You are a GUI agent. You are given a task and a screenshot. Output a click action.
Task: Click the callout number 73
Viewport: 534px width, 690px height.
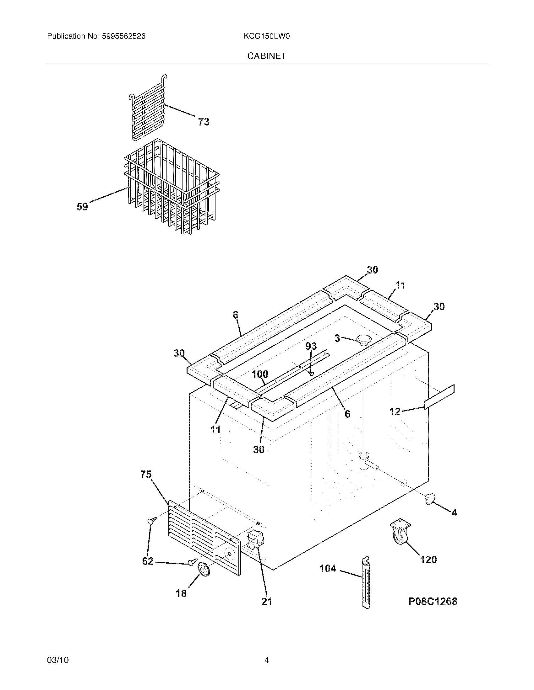click(204, 122)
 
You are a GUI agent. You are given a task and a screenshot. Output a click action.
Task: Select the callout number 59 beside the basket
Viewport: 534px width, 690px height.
click(82, 207)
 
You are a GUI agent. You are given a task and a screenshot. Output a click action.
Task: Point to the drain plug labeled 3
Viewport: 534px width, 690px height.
click(363, 340)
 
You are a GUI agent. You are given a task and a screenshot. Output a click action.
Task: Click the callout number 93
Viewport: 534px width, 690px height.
click(311, 346)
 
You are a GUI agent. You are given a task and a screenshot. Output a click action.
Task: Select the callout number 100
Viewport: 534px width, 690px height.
click(260, 374)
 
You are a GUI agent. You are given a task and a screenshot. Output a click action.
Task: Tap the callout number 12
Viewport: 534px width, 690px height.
click(395, 412)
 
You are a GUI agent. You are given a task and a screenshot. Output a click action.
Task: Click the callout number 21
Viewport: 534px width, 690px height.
click(266, 602)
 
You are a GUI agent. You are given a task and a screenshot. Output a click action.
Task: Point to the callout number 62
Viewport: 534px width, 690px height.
click(148, 561)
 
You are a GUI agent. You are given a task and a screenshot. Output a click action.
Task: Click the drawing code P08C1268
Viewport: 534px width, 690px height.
click(433, 601)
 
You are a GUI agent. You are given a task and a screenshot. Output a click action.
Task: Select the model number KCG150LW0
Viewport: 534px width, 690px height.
click(267, 36)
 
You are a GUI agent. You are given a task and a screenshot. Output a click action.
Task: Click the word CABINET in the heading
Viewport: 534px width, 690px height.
click(267, 56)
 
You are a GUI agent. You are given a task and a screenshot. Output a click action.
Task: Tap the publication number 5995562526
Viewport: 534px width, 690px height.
click(123, 36)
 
